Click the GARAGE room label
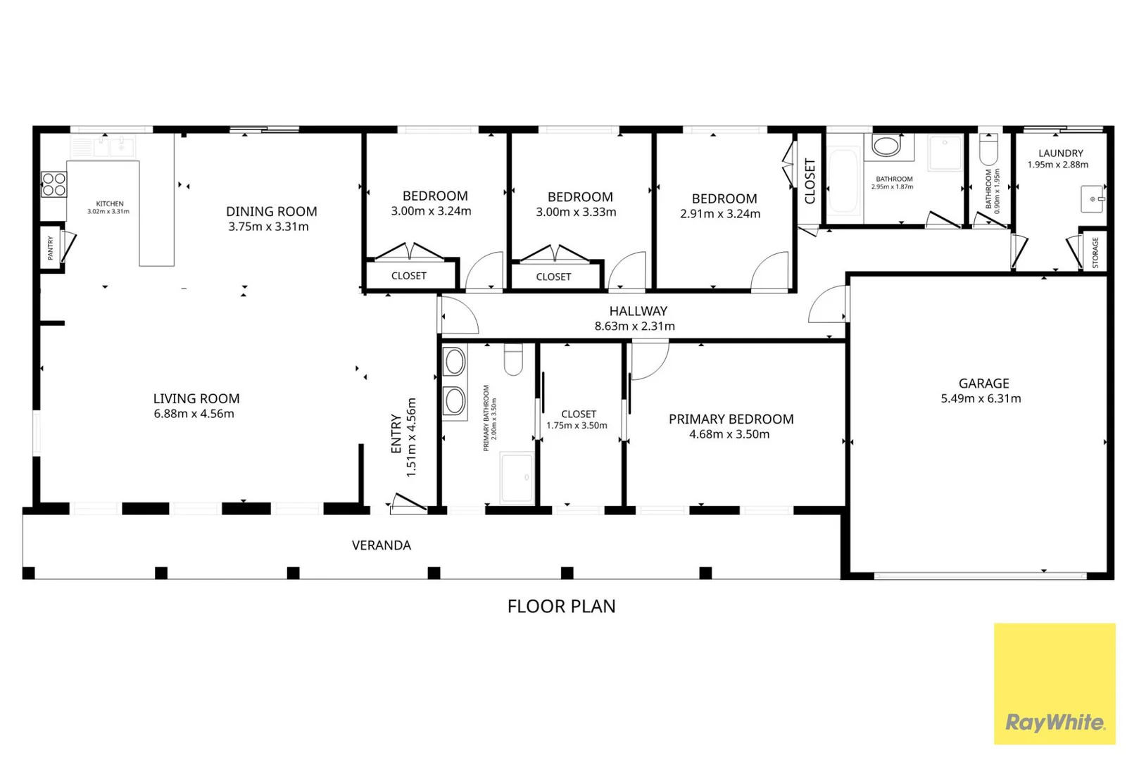tap(983, 384)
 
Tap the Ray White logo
tap(1055, 684)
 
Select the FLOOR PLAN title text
tap(561, 607)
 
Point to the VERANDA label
tap(382, 545)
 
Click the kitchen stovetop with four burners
tap(54, 184)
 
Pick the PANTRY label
tap(51, 248)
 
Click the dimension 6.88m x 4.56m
tap(194, 414)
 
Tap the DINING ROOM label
tap(271, 212)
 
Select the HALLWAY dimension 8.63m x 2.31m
tap(634, 327)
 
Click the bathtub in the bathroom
tap(844, 180)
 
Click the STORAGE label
tap(1095, 253)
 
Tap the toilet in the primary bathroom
tap(513, 360)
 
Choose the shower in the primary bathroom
tap(517, 477)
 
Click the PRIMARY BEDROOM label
tap(731, 419)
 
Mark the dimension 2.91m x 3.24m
tap(720, 214)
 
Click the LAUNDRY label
tap(1060, 153)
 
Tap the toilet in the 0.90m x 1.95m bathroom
tap(988, 149)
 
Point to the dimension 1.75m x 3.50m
tap(577, 426)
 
